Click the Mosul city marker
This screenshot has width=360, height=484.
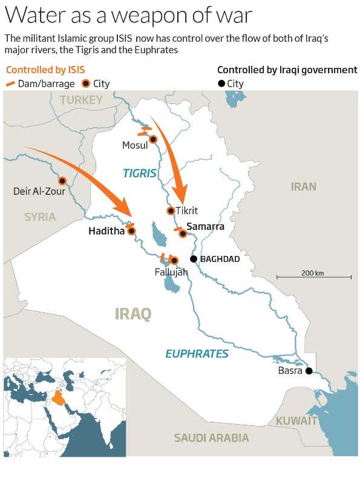(x=153, y=139)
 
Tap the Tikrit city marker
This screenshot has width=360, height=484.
(x=171, y=211)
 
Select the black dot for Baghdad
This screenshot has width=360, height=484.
(x=194, y=259)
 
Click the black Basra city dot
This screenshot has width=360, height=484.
(x=309, y=371)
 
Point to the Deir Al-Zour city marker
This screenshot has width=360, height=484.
(x=62, y=181)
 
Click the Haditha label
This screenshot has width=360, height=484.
(x=106, y=231)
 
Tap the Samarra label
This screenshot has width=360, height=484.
(x=206, y=227)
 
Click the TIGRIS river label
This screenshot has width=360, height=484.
(x=140, y=174)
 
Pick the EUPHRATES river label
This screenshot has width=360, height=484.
(x=197, y=354)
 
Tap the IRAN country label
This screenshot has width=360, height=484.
(x=303, y=186)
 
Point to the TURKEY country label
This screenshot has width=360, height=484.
(x=81, y=100)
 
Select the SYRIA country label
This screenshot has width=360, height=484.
(x=40, y=217)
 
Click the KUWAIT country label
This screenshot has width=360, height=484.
(x=296, y=420)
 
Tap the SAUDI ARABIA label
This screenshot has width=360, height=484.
(x=211, y=437)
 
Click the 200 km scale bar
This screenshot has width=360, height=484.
(x=314, y=277)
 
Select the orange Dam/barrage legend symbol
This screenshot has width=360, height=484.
(x=10, y=83)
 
